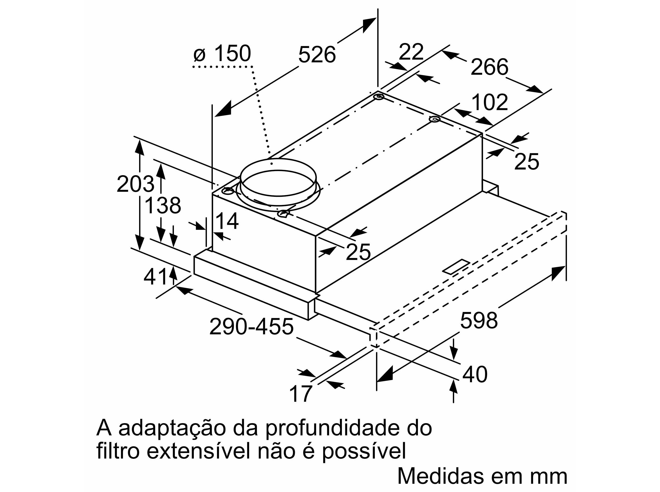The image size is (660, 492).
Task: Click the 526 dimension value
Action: [x=317, y=55]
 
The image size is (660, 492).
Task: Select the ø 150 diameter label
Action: [x=222, y=54]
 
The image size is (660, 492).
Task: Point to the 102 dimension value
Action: [x=490, y=102]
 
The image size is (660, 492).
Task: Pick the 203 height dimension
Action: [x=136, y=184]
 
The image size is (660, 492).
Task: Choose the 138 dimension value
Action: [x=163, y=205]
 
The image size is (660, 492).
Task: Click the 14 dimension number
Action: [x=227, y=221]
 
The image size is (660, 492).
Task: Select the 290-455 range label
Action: [x=251, y=326]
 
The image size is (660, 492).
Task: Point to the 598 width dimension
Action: [x=479, y=321]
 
